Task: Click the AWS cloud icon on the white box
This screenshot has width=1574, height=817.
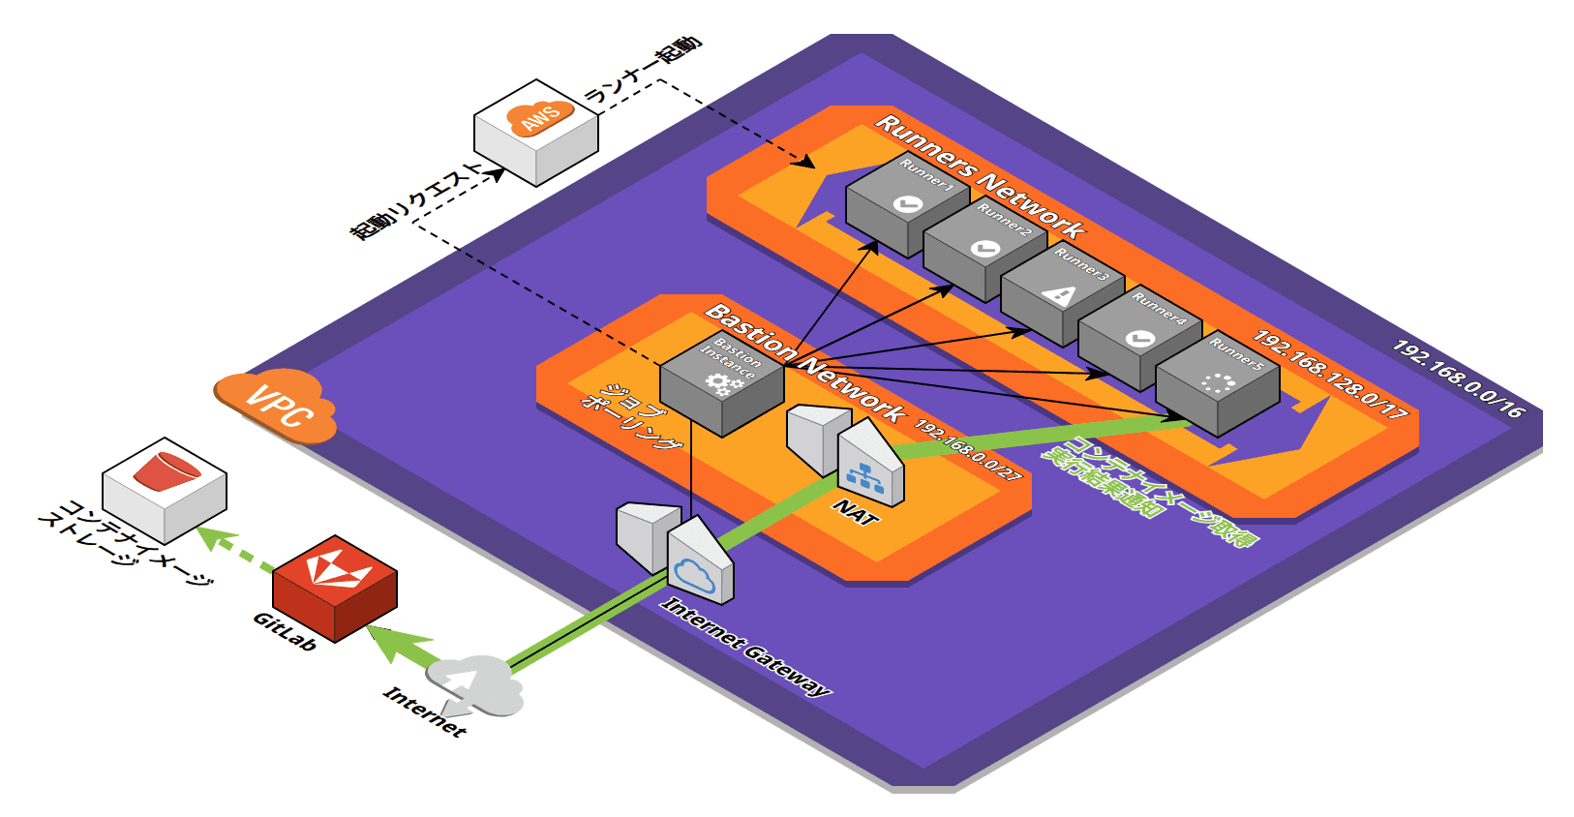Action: coord(539,117)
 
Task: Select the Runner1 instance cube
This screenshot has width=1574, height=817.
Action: coord(907,204)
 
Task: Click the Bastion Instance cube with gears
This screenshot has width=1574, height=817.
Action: coord(722,384)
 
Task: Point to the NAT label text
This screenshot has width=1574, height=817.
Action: coord(856,513)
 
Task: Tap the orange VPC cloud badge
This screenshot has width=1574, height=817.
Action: coord(277,407)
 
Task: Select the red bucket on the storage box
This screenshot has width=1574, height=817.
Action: coord(166,471)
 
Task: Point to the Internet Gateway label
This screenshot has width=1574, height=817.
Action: coord(745,647)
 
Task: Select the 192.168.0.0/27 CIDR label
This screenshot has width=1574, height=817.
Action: coord(967,450)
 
